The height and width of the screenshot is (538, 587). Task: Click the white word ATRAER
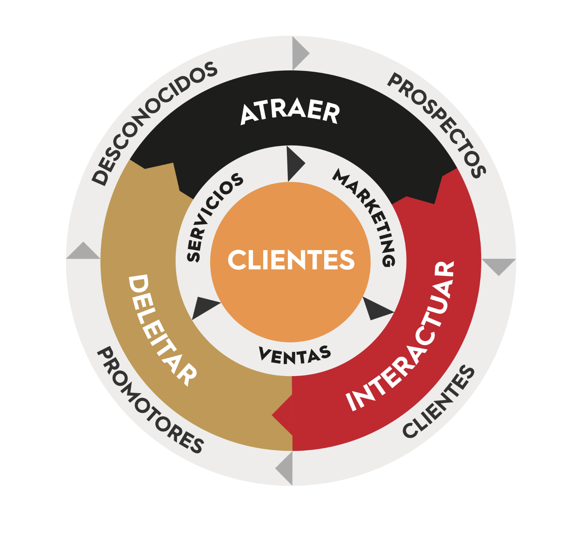tap(290, 112)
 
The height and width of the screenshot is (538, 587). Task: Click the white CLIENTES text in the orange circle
tap(291, 260)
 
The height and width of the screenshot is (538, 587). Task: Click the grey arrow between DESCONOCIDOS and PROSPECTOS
tap(299, 53)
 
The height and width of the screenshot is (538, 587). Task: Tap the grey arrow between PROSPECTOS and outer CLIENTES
tap(499, 265)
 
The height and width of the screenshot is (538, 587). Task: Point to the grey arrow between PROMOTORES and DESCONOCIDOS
tap(83, 252)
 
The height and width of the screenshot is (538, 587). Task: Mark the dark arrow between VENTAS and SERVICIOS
tap(203, 307)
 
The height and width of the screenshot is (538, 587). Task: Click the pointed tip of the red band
tap(273, 415)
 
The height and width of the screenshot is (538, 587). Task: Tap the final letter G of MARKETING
tap(388, 260)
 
